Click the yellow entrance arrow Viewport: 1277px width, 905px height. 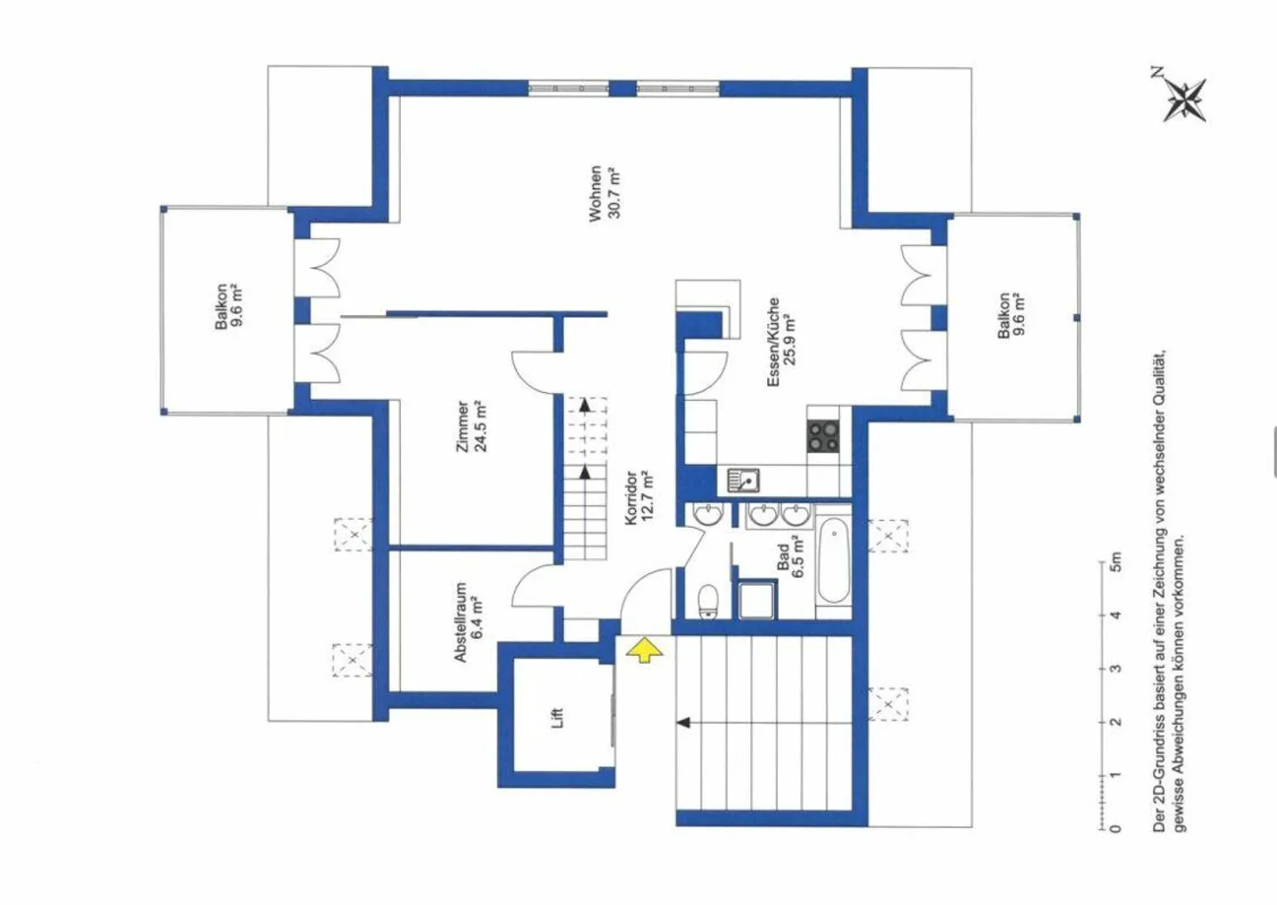[x=645, y=650]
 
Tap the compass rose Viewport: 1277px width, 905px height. [x=1185, y=100]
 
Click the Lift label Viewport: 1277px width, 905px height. [x=558, y=718]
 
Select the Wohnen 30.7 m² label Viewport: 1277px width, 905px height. [x=604, y=193]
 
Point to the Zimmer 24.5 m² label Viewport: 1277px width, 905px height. [x=472, y=427]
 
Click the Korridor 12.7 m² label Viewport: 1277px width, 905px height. [x=639, y=497]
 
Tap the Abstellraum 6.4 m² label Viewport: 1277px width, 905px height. [x=468, y=622]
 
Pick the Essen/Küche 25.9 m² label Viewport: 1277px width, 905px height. [x=781, y=342]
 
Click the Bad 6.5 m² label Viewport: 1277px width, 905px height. [x=791, y=556]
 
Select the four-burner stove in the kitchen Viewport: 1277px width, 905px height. [x=824, y=437]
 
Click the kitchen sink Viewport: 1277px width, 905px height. [x=744, y=481]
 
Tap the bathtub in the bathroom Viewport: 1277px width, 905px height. [x=834, y=561]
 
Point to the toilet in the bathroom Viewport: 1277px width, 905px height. [x=709, y=601]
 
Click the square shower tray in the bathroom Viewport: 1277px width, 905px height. [x=757, y=600]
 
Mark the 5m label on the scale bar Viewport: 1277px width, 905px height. [x=1116, y=563]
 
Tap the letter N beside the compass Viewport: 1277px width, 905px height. [x=1157, y=73]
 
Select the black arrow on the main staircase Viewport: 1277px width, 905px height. [x=684, y=722]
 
